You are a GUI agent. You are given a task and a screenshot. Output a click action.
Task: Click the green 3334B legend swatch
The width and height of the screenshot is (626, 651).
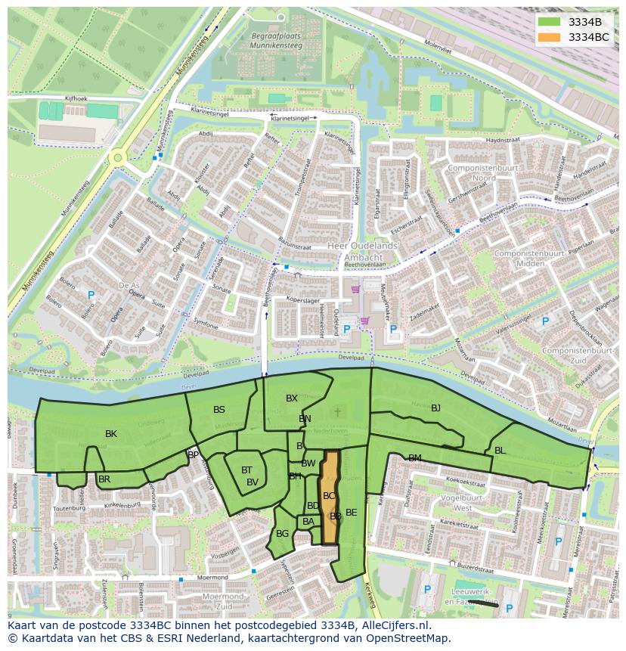[x=549, y=22]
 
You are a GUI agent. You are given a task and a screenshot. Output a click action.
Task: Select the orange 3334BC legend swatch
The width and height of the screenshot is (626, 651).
[x=549, y=37]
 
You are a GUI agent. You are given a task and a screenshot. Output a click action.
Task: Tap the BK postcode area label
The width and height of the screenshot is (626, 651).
[x=111, y=434]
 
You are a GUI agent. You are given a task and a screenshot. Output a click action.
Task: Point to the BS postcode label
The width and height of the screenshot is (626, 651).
[x=219, y=410]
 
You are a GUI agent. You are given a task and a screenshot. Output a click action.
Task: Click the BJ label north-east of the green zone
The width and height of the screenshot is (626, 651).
[x=435, y=408]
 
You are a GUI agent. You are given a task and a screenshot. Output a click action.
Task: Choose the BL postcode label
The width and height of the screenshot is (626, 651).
[x=500, y=451]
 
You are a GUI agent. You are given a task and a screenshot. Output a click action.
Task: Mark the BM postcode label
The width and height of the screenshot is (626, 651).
[x=414, y=458]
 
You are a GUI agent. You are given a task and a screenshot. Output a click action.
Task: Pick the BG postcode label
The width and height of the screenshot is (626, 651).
[x=282, y=534]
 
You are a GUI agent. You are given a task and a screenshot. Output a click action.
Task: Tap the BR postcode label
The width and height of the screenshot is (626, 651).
[x=104, y=479]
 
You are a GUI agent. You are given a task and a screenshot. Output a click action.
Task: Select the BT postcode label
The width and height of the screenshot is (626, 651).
[x=246, y=470]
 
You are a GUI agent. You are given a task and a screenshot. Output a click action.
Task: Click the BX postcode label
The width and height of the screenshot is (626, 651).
[x=292, y=398]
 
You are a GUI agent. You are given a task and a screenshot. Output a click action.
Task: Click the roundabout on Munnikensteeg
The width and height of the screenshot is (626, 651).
[x=117, y=158]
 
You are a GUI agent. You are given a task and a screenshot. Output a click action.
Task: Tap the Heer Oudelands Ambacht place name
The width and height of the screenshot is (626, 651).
[x=361, y=251]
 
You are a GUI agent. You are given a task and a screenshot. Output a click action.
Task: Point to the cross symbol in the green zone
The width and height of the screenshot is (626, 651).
[x=338, y=411]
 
